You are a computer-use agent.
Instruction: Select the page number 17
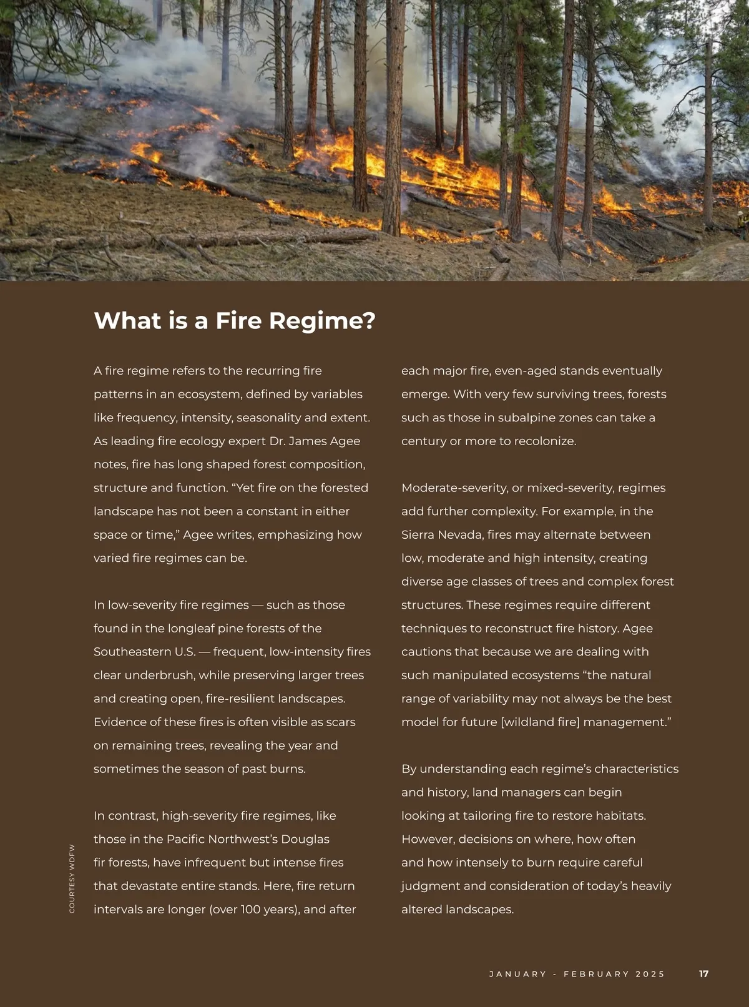pyautogui.click(x=703, y=974)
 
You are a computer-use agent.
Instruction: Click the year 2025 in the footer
pyautogui.click(x=650, y=974)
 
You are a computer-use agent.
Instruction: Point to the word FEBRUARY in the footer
pyautogui.click(x=596, y=974)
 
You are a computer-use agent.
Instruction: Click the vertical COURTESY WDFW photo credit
pyautogui.click(x=72, y=878)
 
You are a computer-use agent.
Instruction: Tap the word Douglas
pyautogui.click(x=305, y=839)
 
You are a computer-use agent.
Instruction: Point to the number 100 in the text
pyautogui.click(x=252, y=909)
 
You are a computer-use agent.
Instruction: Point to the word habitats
pyautogui.click(x=620, y=816)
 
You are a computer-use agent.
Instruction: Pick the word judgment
pyautogui.click(x=430, y=886)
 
